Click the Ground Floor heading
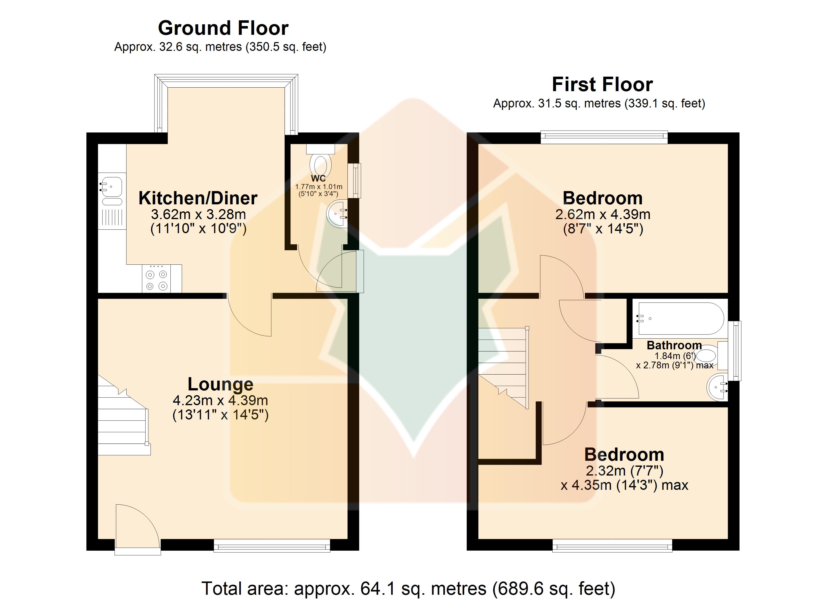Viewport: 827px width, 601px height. click(x=223, y=28)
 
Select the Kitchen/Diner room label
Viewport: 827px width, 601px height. click(x=198, y=198)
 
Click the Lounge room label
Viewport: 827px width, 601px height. click(x=220, y=384)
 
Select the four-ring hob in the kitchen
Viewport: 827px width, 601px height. click(x=156, y=278)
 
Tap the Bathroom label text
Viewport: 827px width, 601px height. click(x=674, y=345)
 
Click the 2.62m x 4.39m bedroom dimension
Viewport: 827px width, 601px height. click(x=603, y=214)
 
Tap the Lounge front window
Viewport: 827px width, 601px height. click(x=272, y=546)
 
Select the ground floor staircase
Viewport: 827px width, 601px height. click(x=124, y=415)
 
